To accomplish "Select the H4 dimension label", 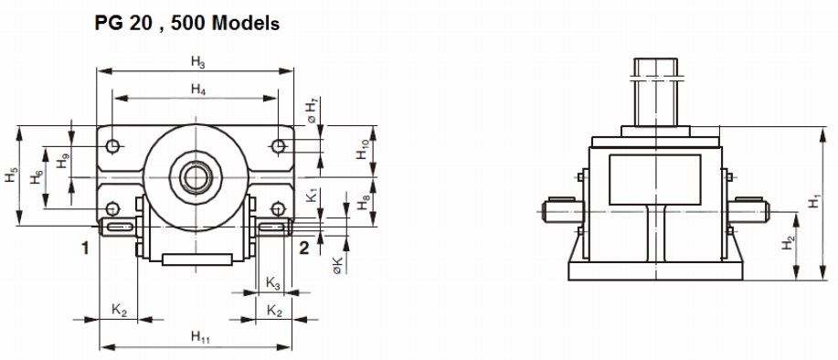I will (197, 89).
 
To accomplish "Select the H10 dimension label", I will (363, 149).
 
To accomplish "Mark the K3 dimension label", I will (272, 283).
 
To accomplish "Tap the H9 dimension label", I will (61, 162).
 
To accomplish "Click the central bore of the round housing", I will (194, 175).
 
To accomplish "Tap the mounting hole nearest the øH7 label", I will (277, 146).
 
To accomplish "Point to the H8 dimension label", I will (363, 203).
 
